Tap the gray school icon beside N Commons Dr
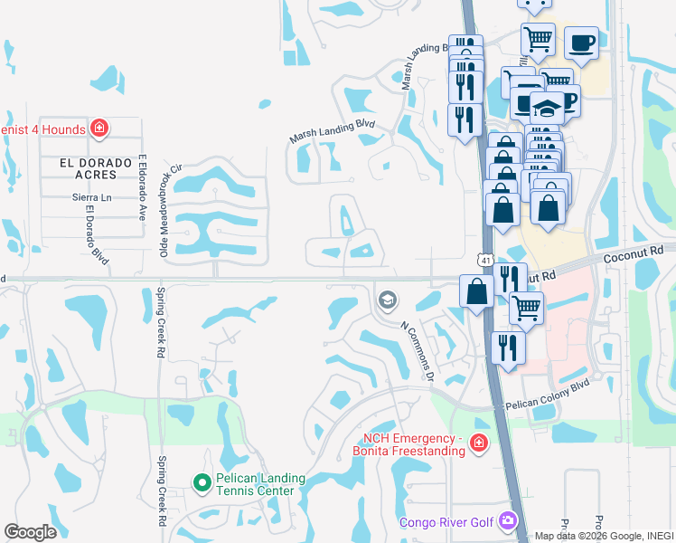(387, 300)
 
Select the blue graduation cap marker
(547, 109)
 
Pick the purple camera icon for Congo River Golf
(507, 520)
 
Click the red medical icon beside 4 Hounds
(99, 129)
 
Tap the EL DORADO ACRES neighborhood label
(90, 163)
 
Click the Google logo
(30, 532)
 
